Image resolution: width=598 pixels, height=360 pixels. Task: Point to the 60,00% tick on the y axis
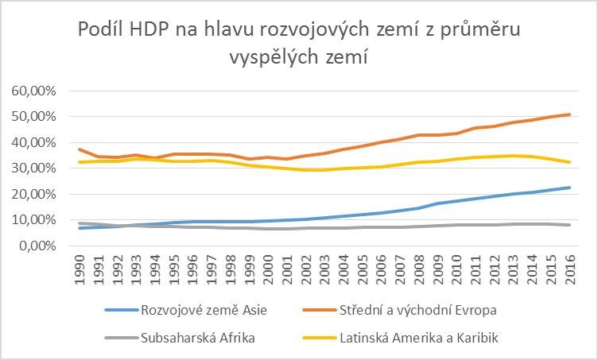(34, 91)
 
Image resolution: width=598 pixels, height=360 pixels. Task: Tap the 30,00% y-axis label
(34, 168)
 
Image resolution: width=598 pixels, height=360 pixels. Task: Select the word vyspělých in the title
(271, 59)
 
